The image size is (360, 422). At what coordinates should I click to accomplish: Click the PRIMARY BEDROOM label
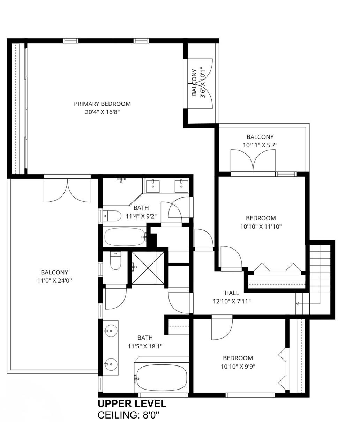point(102,104)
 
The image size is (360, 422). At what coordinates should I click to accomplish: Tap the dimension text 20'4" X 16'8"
point(102,112)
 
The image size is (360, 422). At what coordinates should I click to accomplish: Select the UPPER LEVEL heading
point(132,404)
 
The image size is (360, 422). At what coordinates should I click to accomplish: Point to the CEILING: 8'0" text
point(128,415)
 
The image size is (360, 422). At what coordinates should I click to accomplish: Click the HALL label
point(232,293)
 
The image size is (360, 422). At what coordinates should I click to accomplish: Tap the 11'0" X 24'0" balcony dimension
point(54,281)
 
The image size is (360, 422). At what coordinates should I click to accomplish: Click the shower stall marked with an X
point(148,268)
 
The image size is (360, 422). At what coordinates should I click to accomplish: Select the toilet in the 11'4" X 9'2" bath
point(112,216)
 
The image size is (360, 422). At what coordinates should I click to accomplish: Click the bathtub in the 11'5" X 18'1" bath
point(162,378)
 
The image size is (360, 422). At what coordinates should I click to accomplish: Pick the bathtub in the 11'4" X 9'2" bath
point(125,237)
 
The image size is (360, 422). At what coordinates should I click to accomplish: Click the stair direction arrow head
point(297,310)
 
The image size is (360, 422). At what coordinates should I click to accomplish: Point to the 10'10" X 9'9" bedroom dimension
point(238,367)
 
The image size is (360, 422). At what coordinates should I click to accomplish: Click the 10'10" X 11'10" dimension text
point(261,227)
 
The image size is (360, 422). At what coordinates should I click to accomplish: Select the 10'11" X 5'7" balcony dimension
point(260,145)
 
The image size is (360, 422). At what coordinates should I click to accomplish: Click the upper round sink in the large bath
point(111,331)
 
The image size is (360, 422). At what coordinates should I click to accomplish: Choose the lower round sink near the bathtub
point(111,364)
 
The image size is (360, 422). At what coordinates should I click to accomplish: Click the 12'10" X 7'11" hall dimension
point(232,301)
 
